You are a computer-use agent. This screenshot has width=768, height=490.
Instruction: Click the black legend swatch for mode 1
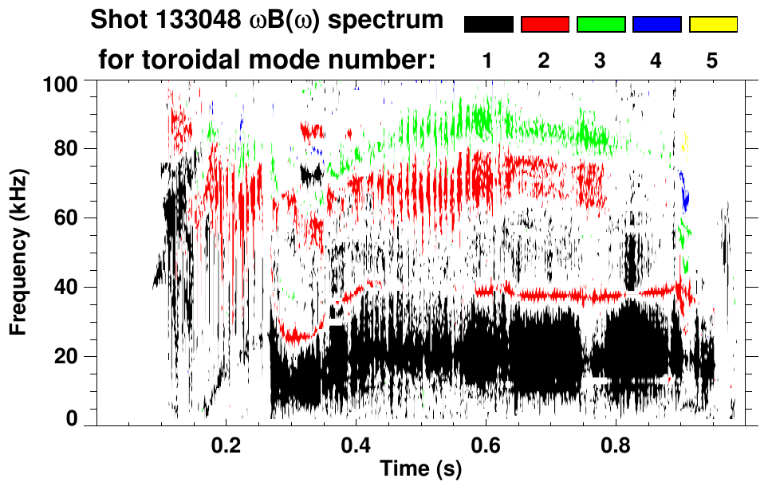(x=488, y=25)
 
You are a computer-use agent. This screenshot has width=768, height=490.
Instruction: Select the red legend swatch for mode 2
(x=545, y=25)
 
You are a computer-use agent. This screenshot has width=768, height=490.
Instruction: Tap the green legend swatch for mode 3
(x=601, y=25)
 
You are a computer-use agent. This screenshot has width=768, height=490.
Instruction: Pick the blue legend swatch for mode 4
(x=656, y=25)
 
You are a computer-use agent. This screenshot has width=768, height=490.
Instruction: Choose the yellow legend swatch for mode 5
(x=713, y=25)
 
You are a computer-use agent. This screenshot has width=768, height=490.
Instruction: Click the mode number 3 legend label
(x=601, y=61)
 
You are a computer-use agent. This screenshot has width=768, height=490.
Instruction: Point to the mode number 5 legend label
(x=712, y=61)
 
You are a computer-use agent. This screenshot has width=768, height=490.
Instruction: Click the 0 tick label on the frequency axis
(x=71, y=419)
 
